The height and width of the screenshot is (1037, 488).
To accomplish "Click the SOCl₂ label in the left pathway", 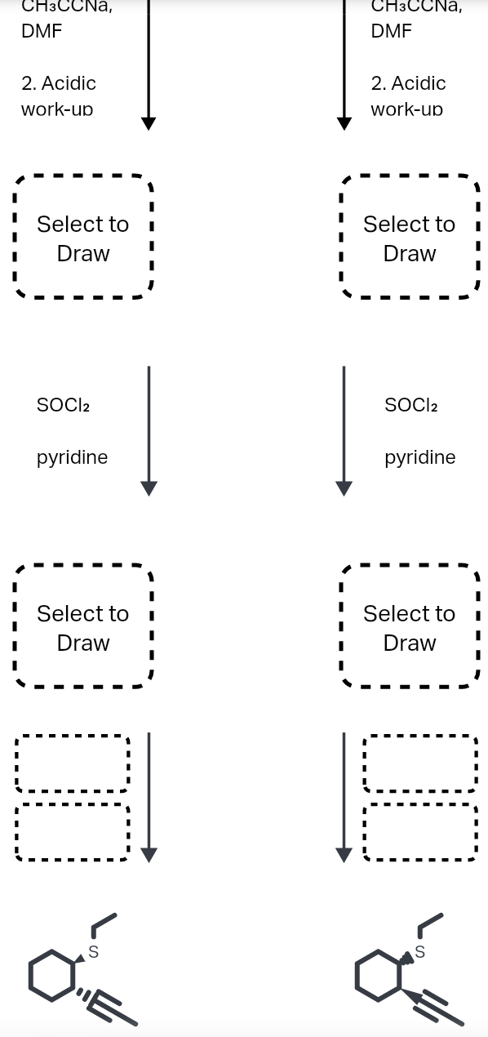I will pyautogui.click(x=63, y=405).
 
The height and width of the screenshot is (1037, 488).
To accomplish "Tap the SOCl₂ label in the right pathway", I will pyautogui.click(x=410, y=405).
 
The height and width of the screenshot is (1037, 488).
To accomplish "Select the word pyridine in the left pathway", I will pyautogui.click(x=72, y=457).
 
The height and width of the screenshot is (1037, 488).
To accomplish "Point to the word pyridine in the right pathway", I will pyautogui.click(x=419, y=457).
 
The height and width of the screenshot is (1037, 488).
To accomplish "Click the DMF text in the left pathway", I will pyautogui.click(x=41, y=32).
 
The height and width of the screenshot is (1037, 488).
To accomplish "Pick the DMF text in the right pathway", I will pyautogui.click(x=391, y=32).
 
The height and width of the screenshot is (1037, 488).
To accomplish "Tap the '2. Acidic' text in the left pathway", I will pyautogui.click(x=59, y=83).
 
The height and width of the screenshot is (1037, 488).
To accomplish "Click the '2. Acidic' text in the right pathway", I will pyautogui.click(x=408, y=83).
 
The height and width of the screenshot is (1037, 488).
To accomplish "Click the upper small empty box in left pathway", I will pyautogui.click(x=72, y=763).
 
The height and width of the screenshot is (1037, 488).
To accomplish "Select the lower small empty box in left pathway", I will pyautogui.click(x=72, y=832).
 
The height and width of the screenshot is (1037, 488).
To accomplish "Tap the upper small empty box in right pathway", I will pyautogui.click(x=420, y=763).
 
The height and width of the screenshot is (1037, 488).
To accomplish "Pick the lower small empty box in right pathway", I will pyautogui.click(x=420, y=832).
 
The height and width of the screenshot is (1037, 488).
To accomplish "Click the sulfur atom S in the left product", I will pyautogui.click(x=93, y=952).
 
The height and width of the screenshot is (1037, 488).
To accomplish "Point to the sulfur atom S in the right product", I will pyautogui.click(x=420, y=952).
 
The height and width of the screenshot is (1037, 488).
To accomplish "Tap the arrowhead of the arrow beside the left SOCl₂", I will pyautogui.click(x=149, y=487).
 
